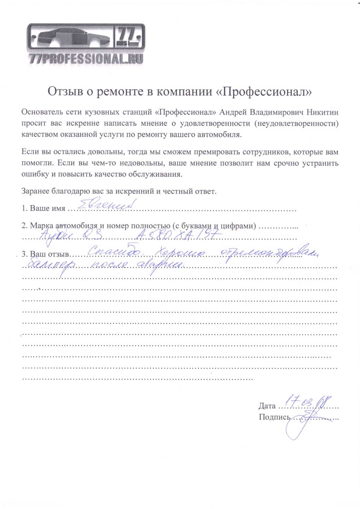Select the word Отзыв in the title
pos(65,91)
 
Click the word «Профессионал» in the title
pos(264,91)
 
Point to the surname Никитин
pos(322,112)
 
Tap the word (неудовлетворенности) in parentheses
pos(296,124)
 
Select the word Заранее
pos(35,191)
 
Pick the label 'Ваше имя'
pos(47,208)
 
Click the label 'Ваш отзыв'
pos(49,254)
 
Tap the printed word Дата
pos(267,406)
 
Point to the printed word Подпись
pos(274,417)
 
